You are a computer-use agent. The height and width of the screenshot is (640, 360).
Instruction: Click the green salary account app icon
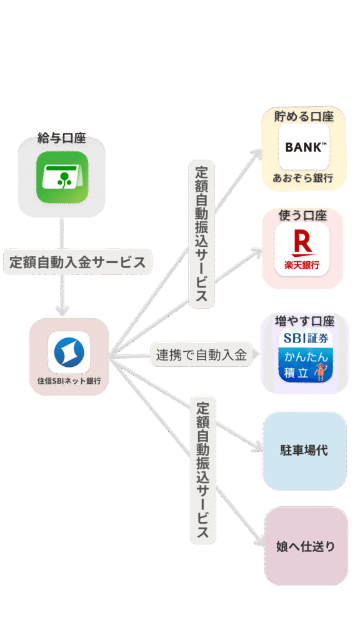coord(62,177)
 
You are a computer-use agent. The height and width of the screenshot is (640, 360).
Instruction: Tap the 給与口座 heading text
coord(62,138)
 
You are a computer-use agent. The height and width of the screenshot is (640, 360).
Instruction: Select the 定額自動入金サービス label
coord(77,262)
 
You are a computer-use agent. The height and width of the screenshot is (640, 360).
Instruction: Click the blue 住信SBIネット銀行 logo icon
coord(69,352)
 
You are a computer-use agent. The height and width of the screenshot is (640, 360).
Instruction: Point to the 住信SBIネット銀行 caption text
coord(69,381)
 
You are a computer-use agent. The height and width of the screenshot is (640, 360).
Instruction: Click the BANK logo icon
coord(304,147)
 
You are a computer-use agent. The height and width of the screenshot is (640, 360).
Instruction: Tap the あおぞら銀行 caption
coord(303,178)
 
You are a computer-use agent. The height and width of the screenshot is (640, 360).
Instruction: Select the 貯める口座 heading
coord(304,117)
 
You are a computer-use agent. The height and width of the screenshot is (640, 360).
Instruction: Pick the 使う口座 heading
coord(302,215)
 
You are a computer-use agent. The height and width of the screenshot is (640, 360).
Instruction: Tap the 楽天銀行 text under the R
coord(302,265)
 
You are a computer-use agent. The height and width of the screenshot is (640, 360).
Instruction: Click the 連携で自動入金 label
coord(201,355)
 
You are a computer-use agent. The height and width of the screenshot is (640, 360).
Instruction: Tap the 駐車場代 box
coord(304,451)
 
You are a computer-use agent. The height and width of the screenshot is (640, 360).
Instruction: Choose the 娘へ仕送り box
coord(306,546)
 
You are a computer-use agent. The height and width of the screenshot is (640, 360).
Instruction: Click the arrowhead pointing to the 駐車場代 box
coord(257,447)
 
